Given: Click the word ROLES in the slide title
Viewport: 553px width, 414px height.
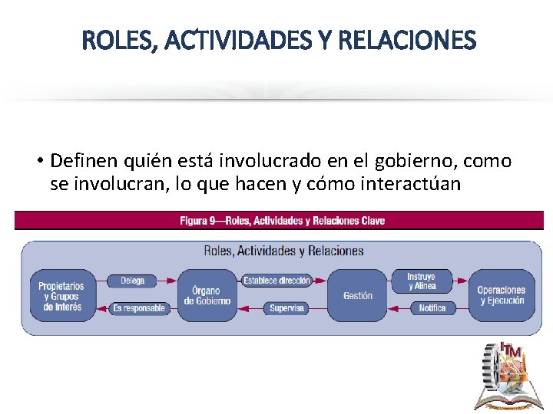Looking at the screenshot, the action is (x=114, y=39).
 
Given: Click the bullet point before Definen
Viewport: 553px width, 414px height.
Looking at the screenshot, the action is (x=38, y=163).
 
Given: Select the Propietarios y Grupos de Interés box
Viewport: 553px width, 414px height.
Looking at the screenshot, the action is (x=61, y=296).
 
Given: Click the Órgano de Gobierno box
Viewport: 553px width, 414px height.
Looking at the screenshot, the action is (x=207, y=296).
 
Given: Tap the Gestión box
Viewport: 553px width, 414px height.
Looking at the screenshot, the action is (x=357, y=296).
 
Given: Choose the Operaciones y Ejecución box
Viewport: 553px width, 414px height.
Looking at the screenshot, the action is (x=501, y=296).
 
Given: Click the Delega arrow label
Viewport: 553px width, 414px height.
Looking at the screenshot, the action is (x=133, y=281).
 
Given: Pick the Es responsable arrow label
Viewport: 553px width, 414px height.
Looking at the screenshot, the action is (x=139, y=308).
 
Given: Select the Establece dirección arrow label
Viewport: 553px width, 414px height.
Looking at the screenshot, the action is (x=276, y=281).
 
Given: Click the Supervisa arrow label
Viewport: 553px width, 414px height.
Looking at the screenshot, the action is (x=286, y=308).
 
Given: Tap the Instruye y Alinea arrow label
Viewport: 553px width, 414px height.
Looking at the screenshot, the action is (x=421, y=281).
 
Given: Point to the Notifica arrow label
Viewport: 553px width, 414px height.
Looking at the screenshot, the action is (x=432, y=308).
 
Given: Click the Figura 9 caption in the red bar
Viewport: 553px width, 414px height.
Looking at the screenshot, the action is (x=283, y=221).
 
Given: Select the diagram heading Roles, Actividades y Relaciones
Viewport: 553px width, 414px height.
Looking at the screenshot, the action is (x=283, y=251).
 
